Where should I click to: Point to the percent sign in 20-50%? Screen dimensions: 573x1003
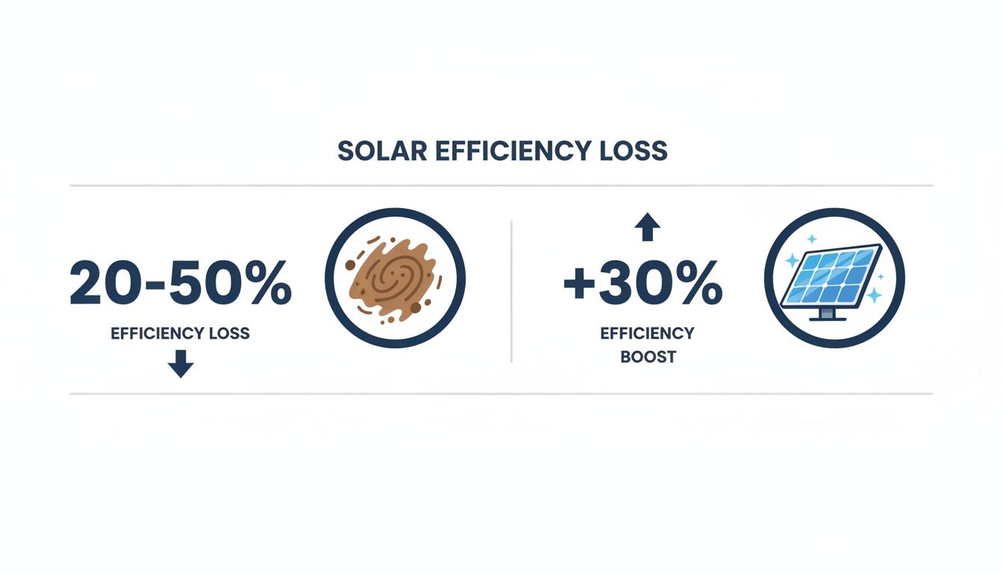[x=264, y=284]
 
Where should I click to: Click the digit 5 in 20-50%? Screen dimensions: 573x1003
[x=186, y=284]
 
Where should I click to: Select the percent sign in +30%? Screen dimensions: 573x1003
[x=696, y=284]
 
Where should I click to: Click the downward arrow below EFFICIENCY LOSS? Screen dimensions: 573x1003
[x=181, y=365]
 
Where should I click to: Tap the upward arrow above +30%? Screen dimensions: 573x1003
[x=647, y=227]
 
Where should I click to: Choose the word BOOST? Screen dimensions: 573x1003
[x=647, y=357]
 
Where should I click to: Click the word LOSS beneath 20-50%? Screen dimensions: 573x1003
[x=228, y=334]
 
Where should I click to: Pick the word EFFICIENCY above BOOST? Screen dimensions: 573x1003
[x=647, y=333]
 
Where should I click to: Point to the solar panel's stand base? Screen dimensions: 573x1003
[x=828, y=317]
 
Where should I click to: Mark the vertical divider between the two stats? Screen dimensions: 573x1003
[x=511, y=291]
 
